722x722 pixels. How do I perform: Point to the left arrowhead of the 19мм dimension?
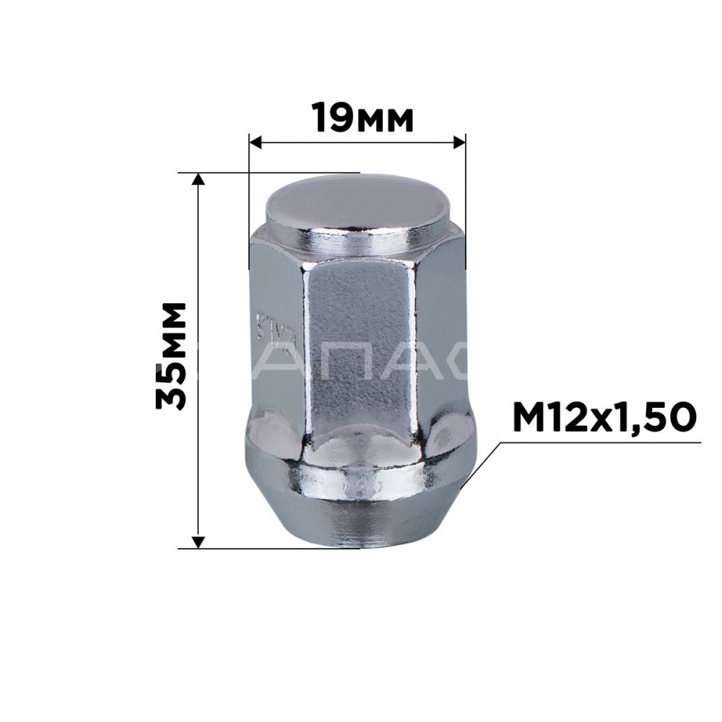coord(255,142)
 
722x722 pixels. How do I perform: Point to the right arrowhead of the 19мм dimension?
coord(458,142)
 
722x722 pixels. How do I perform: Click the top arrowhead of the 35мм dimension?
coord(199,180)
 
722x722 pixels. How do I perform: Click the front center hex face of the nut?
coord(357,347)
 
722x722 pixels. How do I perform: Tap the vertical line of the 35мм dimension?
coord(199,289)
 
